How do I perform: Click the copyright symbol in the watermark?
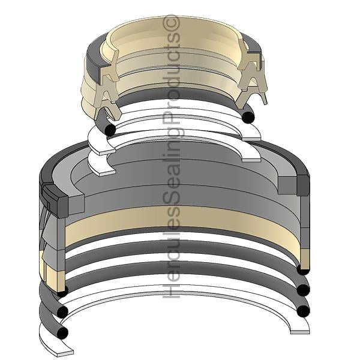(x=171, y=23)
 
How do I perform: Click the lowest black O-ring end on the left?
(x=62, y=332)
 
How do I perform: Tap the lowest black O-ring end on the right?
(x=303, y=311)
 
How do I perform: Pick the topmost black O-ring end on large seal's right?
(x=303, y=269)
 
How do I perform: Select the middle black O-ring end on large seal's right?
(x=303, y=290)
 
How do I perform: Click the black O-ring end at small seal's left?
(x=110, y=130)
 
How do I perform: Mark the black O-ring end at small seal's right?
(x=248, y=117)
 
